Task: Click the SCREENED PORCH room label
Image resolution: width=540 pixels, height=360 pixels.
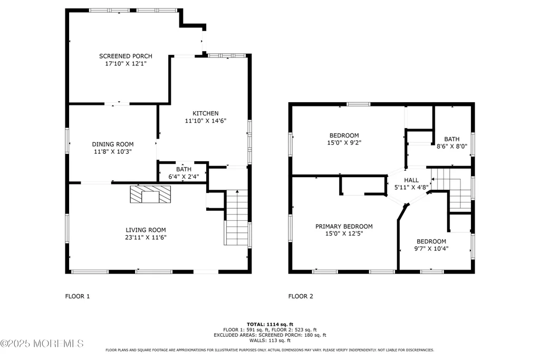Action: [126, 56]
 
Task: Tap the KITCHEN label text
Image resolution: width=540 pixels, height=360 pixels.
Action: [206, 113]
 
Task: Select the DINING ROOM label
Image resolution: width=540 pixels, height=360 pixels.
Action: [113, 144]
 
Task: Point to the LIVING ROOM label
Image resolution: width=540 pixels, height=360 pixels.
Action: [146, 230]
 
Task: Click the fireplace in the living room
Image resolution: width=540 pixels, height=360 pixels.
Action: [150, 194]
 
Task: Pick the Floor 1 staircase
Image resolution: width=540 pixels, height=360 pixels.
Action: [237, 218]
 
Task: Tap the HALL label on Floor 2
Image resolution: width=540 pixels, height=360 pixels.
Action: [411, 180]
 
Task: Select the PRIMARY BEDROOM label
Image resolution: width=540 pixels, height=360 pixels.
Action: [344, 227]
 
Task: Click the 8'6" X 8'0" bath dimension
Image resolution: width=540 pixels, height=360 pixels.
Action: [452, 146]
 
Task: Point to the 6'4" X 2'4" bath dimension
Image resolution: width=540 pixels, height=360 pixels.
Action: [184, 177]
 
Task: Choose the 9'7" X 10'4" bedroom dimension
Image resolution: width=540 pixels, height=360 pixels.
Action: [431, 248]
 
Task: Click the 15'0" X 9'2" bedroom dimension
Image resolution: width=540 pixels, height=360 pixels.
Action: [344, 142]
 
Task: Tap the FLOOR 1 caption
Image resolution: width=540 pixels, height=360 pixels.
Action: [78, 296]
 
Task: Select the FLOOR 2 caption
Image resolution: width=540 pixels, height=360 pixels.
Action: [301, 296]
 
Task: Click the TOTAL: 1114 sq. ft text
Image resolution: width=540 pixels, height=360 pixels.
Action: [270, 324]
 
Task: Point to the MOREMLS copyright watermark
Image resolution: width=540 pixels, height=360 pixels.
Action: [42, 344]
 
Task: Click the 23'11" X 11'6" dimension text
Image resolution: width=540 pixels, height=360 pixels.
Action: [146, 237]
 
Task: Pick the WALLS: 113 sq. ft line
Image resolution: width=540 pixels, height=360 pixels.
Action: [270, 340]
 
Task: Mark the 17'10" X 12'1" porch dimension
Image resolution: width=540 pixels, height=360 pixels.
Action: [126, 64]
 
